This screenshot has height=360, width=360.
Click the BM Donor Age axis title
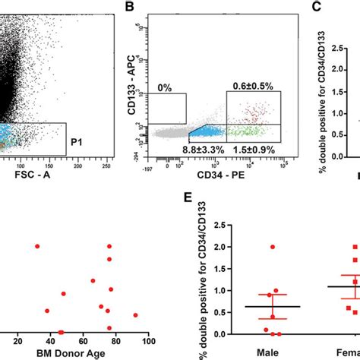pyautogui.click(x=72, y=353)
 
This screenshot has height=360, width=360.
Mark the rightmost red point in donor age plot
pyautogui.click(x=135, y=314)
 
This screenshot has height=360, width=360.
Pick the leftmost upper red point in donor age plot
pyautogui.click(x=37, y=246)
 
